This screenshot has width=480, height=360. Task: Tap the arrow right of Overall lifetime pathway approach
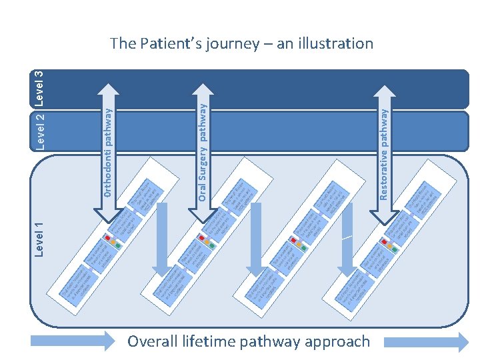(x=427, y=341)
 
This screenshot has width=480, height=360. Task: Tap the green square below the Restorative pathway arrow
(x=395, y=249)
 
